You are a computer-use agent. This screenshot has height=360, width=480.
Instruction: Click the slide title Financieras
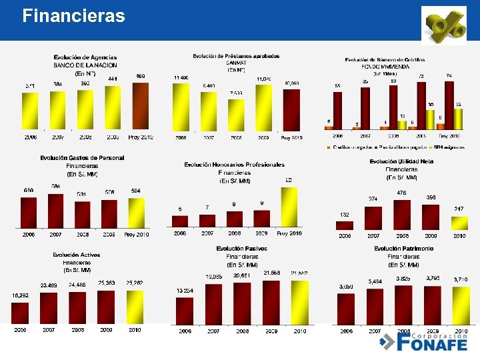[x=73, y=15]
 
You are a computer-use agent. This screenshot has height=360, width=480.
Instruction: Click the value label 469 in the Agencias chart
[x=141, y=77]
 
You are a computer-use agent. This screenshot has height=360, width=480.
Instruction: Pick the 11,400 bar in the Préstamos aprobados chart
[x=181, y=107]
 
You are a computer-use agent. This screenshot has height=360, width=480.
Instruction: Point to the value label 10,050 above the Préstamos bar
[x=291, y=83]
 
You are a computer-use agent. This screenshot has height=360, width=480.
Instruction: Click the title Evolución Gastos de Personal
[x=82, y=158]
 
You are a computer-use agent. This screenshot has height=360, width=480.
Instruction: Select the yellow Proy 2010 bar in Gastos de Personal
[x=136, y=213]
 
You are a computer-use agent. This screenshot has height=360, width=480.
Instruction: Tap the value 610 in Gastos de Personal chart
[x=29, y=191]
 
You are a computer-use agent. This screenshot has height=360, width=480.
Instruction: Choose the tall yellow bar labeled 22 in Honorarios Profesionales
[x=289, y=207]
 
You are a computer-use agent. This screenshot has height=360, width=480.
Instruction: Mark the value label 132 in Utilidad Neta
[x=345, y=215]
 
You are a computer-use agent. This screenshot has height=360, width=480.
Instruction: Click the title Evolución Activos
[x=77, y=255]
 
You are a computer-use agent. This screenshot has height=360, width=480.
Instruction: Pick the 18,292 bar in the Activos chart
[x=20, y=312]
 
